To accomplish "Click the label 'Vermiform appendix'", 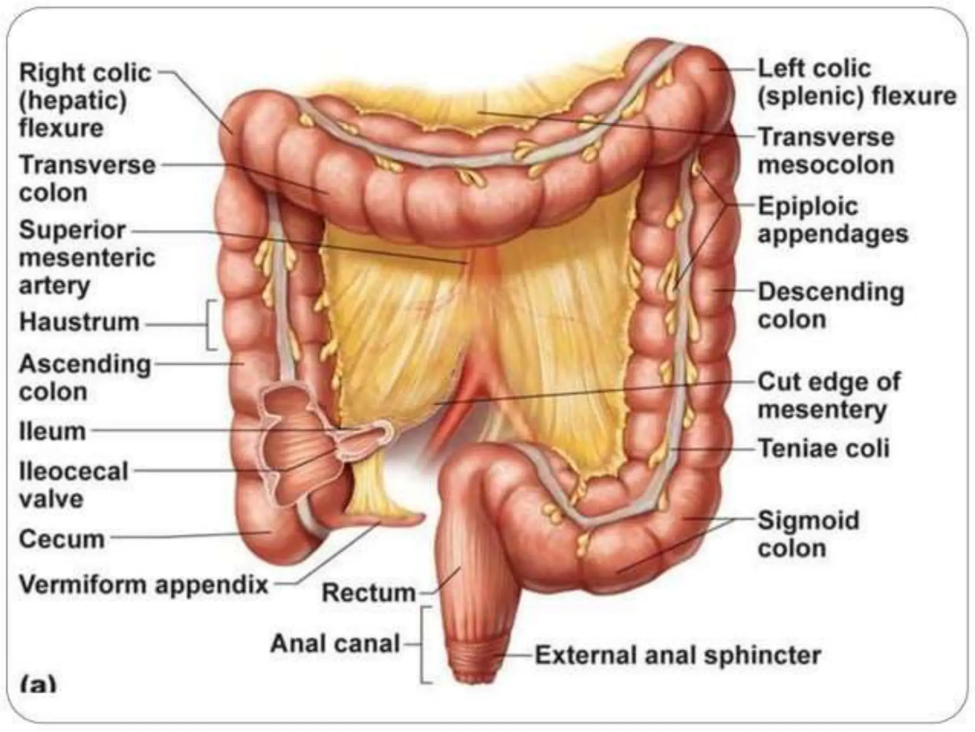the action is point(143,584).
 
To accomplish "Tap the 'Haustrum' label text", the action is point(79,322).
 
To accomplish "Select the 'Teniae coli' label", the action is point(823,448).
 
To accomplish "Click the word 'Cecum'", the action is point(61,539).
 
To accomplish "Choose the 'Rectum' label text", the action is point(368,593).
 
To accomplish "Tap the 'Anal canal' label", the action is point(335,644).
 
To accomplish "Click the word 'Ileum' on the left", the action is point(52,431).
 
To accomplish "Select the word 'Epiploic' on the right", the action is point(808,207).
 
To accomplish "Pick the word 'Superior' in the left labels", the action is point(72,230).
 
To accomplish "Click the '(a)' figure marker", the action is point(38,685).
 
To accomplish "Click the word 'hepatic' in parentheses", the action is point(73,101).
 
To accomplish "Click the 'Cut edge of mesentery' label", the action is point(828,396).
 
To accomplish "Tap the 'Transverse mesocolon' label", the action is point(826,151).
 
